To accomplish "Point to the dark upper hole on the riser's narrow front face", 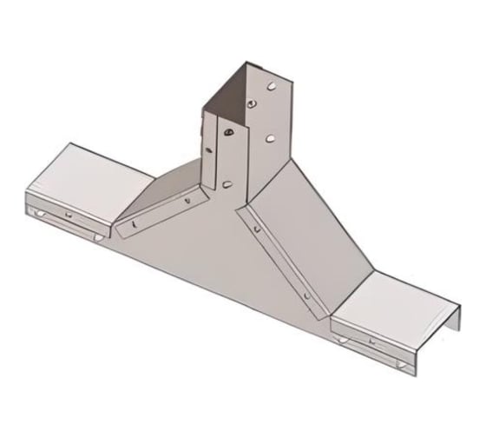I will (x=227, y=132).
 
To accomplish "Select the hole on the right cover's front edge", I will (x=373, y=342).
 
